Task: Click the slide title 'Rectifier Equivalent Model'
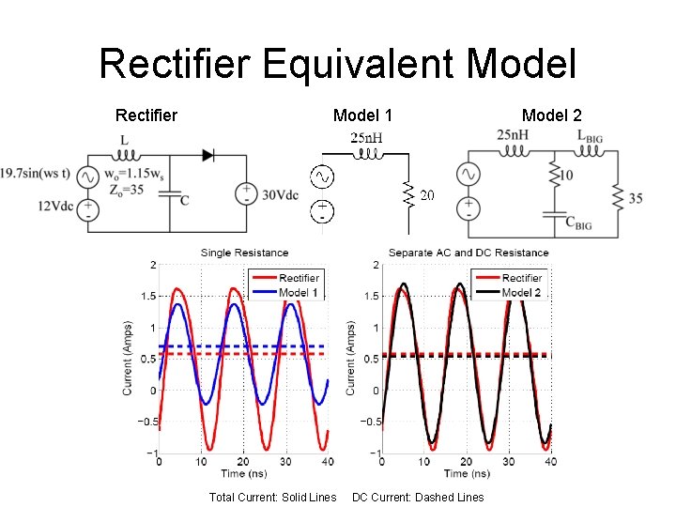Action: coord(337,64)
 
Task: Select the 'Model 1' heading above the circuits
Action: coord(362,115)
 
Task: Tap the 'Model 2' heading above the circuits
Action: coord(551,115)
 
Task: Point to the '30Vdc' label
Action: coord(279,195)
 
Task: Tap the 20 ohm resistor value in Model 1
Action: coord(427,195)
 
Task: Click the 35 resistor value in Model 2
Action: coord(635,198)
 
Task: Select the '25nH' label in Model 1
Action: coord(366,139)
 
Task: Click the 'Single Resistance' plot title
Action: coord(244,253)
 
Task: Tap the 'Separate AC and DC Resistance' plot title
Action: coord(468,253)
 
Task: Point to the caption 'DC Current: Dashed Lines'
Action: coord(418,497)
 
